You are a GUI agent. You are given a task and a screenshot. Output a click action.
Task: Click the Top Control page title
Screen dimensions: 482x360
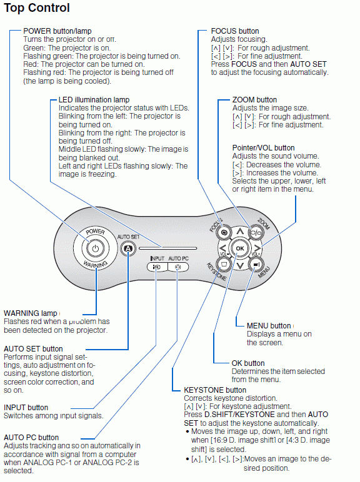(37, 8)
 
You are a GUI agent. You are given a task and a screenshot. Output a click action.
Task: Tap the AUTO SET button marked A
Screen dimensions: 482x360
(128, 248)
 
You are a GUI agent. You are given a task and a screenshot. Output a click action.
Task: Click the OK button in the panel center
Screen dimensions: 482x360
(240, 248)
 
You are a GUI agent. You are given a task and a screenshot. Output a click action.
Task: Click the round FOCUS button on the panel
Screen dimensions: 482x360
(223, 232)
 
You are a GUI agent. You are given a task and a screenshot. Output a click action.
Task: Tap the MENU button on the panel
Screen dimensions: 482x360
(257, 264)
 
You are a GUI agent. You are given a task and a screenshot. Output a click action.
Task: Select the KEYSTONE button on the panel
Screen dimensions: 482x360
(223, 264)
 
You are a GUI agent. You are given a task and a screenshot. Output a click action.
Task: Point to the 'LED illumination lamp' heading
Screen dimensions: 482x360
(94, 100)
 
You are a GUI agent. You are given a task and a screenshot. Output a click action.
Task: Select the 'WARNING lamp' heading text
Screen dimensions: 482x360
(31, 313)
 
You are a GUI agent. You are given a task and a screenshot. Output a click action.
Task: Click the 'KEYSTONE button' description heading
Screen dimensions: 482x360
(215, 390)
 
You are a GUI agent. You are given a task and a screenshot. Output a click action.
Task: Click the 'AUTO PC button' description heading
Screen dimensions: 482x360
(31, 438)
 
